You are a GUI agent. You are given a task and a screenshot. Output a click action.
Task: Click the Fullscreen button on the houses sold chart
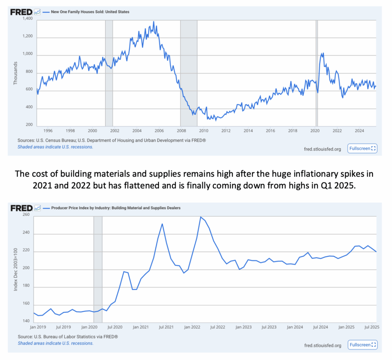tap(362, 148)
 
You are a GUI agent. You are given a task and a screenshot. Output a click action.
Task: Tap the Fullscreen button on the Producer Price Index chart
tap(362, 345)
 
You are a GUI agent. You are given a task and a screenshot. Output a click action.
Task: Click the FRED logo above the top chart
tap(21, 12)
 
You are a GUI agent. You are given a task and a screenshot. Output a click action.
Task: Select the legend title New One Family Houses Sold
tap(90, 12)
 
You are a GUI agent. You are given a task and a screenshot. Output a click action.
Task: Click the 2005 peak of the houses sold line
tap(154, 22)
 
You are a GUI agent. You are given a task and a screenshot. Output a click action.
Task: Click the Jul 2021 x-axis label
tap(167, 327)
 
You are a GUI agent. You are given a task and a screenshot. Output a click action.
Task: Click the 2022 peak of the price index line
tap(201, 217)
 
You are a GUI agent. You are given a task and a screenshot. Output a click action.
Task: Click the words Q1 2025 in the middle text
tap(337, 185)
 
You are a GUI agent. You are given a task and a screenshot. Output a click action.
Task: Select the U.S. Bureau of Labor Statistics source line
tap(68, 337)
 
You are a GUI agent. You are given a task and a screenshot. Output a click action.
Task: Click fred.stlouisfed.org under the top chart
tap(322, 149)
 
